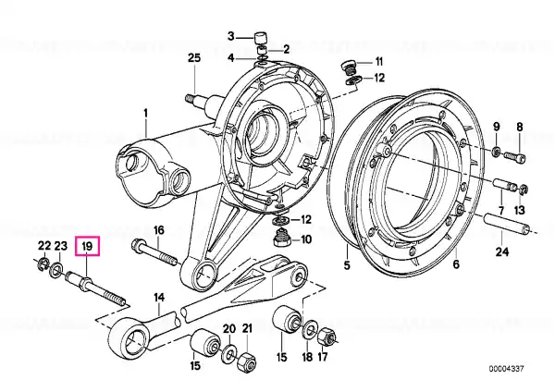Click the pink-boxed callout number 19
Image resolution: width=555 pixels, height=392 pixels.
pyautogui.click(x=87, y=246)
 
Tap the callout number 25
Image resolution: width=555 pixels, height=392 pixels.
pyautogui.click(x=194, y=57)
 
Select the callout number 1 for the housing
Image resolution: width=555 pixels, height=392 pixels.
pyautogui.click(x=145, y=114)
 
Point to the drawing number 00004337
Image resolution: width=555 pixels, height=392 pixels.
pyautogui.click(x=506, y=369)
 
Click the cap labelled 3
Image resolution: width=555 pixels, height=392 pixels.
pyautogui.click(x=260, y=37)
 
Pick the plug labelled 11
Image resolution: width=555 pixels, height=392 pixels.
pyautogui.click(x=347, y=67)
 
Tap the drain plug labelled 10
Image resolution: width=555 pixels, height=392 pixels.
pyautogui.click(x=283, y=239)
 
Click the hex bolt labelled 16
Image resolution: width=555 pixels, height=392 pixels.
pyautogui.click(x=154, y=254)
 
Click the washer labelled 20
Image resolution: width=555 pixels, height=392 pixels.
pyautogui.click(x=229, y=354)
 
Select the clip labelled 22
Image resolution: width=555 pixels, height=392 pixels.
pyautogui.click(x=43, y=264)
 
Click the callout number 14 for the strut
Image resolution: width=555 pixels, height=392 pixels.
pyautogui.click(x=159, y=298)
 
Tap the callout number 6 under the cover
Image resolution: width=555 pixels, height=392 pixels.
pyautogui.click(x=456, y=263)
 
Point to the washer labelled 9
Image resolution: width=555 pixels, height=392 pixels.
pyautogui.click(x=497, y=152)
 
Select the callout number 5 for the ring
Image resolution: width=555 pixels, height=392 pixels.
pyautogui.click(x=347, y=264)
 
